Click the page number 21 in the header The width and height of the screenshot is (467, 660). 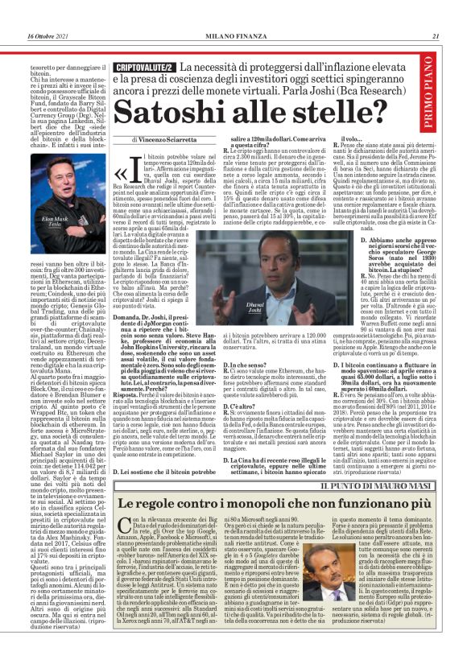(436, 36)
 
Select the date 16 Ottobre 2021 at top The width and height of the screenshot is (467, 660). (50, 36)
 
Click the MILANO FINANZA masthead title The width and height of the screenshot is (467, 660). (234, 36)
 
